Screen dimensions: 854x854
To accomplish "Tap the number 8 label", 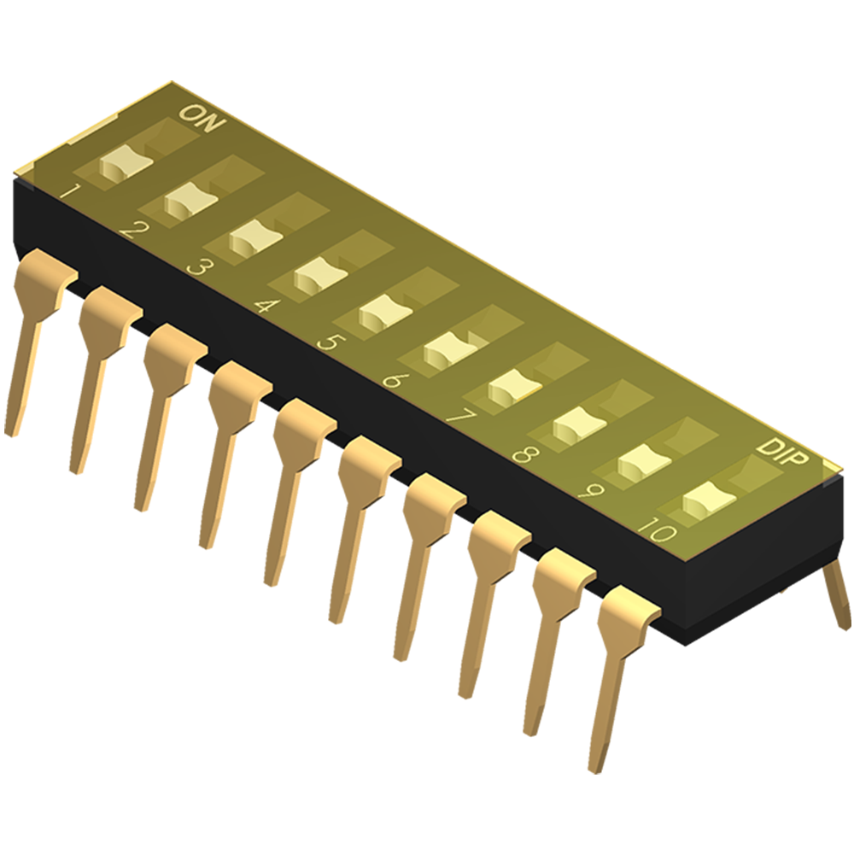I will coord(524,454).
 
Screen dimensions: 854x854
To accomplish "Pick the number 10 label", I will coord(658,532).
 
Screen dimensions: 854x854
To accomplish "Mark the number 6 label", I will coord(392,379).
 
